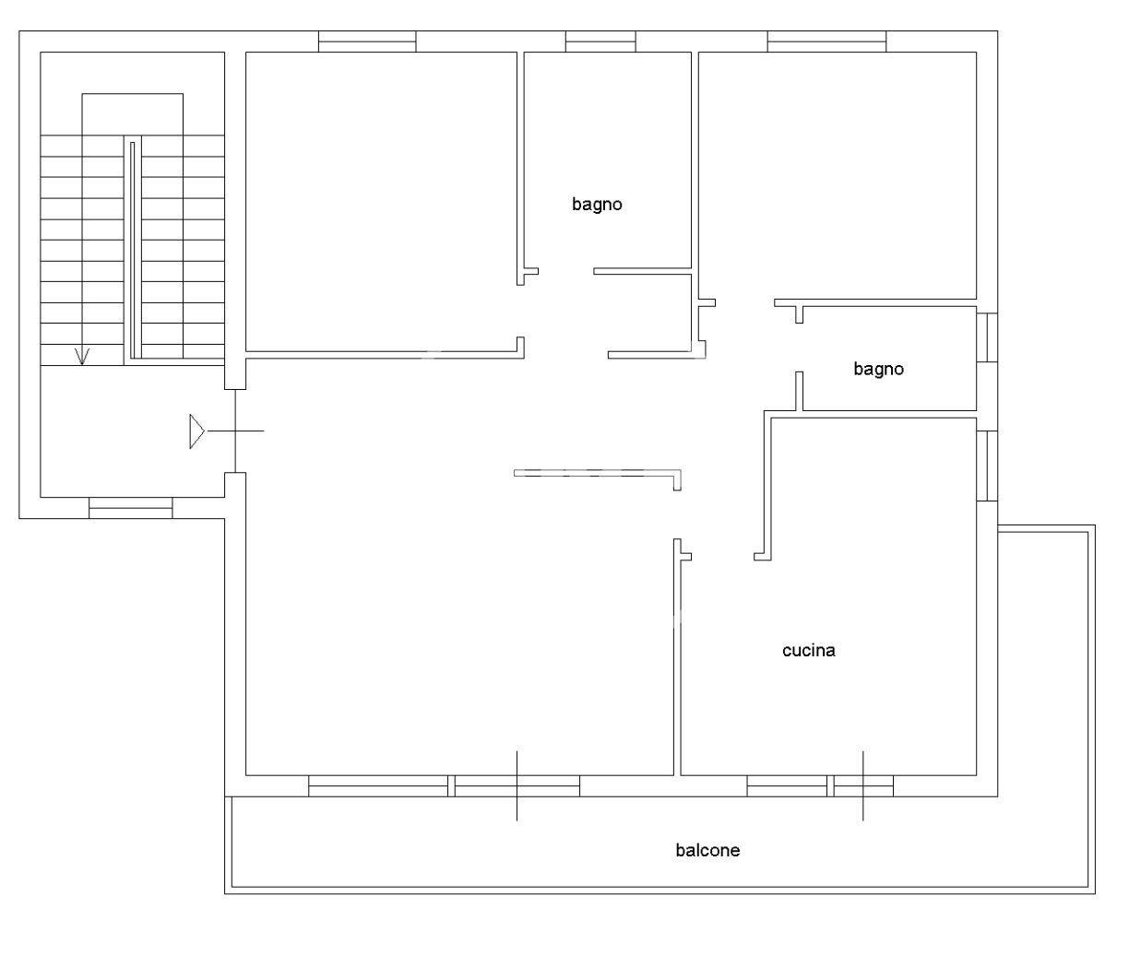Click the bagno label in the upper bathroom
[x=597, y=205]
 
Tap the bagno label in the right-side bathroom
[x=878, y=370]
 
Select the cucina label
[x=808, y=650]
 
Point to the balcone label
[x=707, y=850]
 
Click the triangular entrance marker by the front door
[x=196, y=431]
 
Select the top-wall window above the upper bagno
[x=600, y=41]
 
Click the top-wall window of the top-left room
[x=367, y=41]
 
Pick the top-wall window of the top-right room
[x=826, y=41]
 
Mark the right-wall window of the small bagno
[x=987, y=337]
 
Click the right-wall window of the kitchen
[x=987, y=466]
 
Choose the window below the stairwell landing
[x=131, y=508]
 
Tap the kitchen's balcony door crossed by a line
[x=863, y=785]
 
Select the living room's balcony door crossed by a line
[x=517, y=785]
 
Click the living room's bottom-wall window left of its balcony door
[x=378, y=785]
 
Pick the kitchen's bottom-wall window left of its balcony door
[x=787, y=785]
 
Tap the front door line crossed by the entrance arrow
[x=235, y=430]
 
